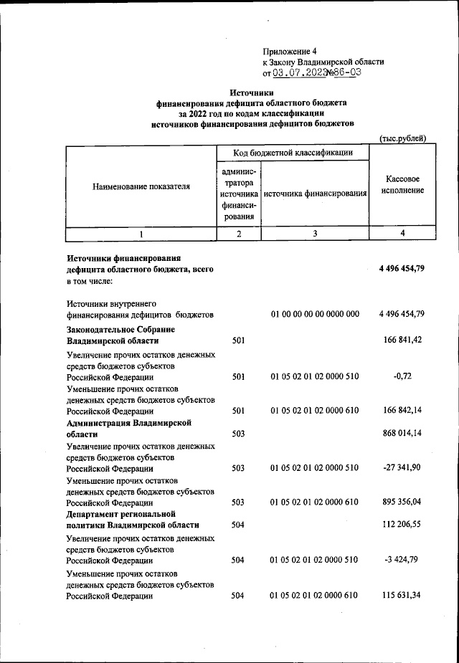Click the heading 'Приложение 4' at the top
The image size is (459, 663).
[x=290, y=52]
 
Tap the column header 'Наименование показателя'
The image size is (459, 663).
[x=141, y=186]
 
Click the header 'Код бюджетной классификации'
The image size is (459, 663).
[x=293, y=153]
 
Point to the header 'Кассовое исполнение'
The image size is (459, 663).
[x=402, y=185]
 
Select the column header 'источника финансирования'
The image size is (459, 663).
[x=315, y=194]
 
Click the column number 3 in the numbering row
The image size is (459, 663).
[x=315, y=234]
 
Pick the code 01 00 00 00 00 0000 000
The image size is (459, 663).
[x=315, y=314]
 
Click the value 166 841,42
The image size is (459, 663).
[x=405, y=340]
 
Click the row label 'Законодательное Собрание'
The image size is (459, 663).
[x=120, y=329]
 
